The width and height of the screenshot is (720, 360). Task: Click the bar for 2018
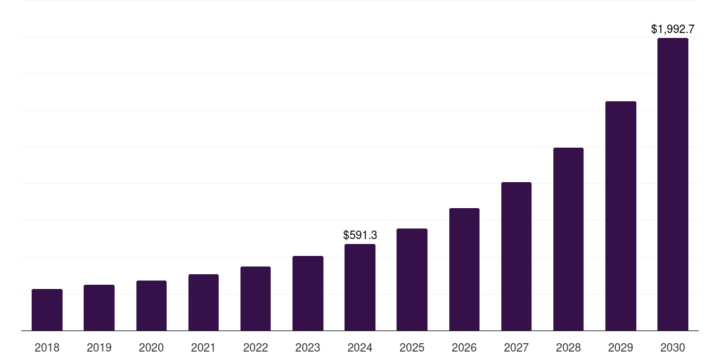pyautogui.click(x=47, y=309)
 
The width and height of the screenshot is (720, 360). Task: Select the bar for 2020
pyautogui.click(x=151, y=305)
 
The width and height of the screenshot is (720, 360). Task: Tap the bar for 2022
pyautogui.click(x=255, y=298)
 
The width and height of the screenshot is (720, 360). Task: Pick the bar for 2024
pyautogui.click(x=360, y=287)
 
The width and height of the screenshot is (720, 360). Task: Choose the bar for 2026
pyautogui.click(x=464, y=269)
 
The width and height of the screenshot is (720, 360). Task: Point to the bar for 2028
pyautogui.click(x=568, y=239)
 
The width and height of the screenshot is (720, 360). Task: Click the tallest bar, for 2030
pyautogui.click(x=673, y=184)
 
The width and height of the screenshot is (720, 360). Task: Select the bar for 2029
pyautogui.click(x=621, y=216)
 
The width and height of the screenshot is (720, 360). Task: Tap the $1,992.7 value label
pyautogui.click(x=673, y=30)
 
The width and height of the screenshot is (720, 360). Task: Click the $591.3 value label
pyautogui.click(x=360, y=235)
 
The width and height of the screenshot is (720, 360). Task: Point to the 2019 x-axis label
pyautogui.click(x=99, y=347)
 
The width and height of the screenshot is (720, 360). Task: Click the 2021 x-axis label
pyautogui.click(x=203, y=347)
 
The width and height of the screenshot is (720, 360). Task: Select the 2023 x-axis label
pyautogui.click(x=308, y=347)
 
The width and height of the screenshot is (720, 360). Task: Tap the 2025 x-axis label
pyautogui.click(x=412, y=347)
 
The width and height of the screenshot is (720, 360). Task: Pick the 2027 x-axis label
pyautogui.click(x=516, y=347)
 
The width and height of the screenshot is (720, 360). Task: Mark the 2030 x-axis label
pyautogui.click(x=673, y=347)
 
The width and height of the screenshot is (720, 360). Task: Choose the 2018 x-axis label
pyautogui.click(x=47, y=347)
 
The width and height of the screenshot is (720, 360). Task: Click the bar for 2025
pyautogui.click(x=412, y=279)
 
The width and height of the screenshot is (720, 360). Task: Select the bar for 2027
pyautogui.click(x=516, y=256)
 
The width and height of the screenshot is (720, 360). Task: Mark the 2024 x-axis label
pyautogui.click(x=360, y=347)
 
